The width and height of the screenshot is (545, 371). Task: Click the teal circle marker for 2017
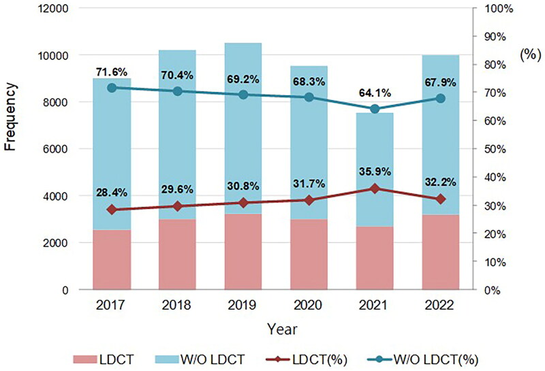pyautogui.click(x=112, y=88)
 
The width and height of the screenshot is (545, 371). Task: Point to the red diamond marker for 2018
pyautogui.click(x=178, y=206)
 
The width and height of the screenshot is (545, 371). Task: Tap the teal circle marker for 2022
pyautogui.click(x=441, y=98)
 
